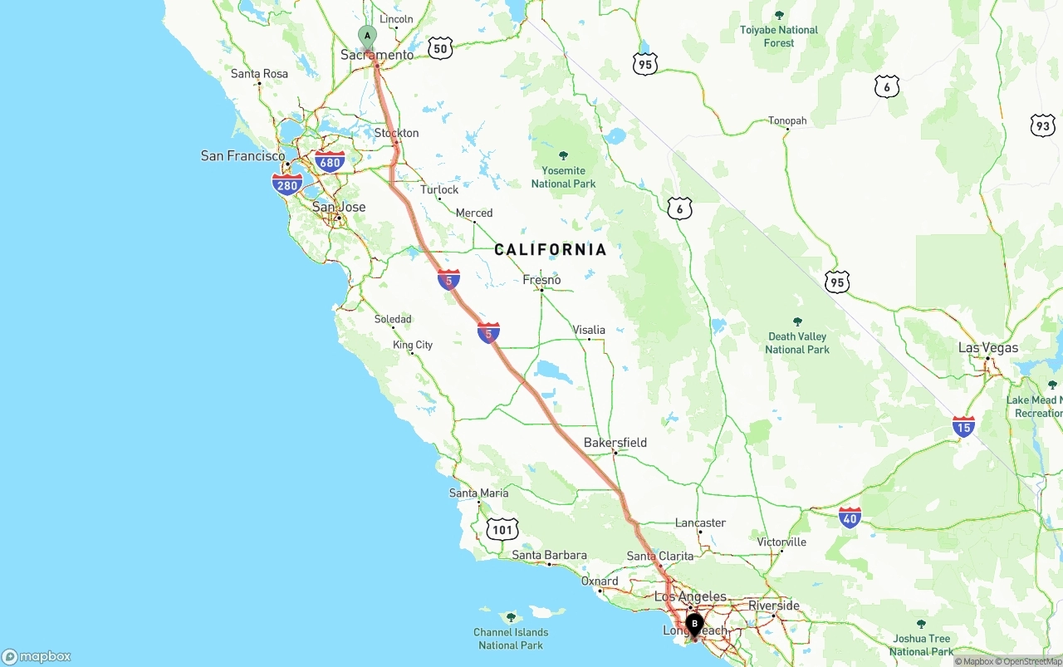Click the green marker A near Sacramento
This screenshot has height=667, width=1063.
[x=367, y=35]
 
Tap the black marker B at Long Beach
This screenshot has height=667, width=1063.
[x=694, y=623]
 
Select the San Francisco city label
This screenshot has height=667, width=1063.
[x=242, y=156]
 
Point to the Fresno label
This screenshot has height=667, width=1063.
[x=541, y=280]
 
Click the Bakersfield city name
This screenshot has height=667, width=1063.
[x=615, y=443]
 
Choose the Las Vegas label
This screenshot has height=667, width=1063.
[x=987, y=348]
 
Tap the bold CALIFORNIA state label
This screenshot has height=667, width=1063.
[x=551, y=249]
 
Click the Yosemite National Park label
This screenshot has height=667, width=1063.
[x=564, y=177]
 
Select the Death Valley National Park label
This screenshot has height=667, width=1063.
[x=797, y=343]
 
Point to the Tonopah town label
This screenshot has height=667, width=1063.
[x=787, y=121]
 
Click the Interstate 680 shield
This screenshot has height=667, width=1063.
[x=330, y=162]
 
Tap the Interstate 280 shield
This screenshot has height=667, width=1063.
[x=287, y=184]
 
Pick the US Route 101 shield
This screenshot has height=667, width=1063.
[x=503, y=529]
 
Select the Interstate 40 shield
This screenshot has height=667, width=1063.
[x=850, y=517]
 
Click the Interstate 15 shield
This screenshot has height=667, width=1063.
[x=963, y=427]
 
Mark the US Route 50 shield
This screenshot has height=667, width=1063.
[x=440, y=48]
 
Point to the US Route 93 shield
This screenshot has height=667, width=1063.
[x=1042, y=125]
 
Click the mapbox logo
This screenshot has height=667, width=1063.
[x=37, y=656]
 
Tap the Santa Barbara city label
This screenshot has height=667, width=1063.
[x=549, y=556]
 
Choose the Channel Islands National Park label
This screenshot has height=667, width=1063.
[x=511, y=639]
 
